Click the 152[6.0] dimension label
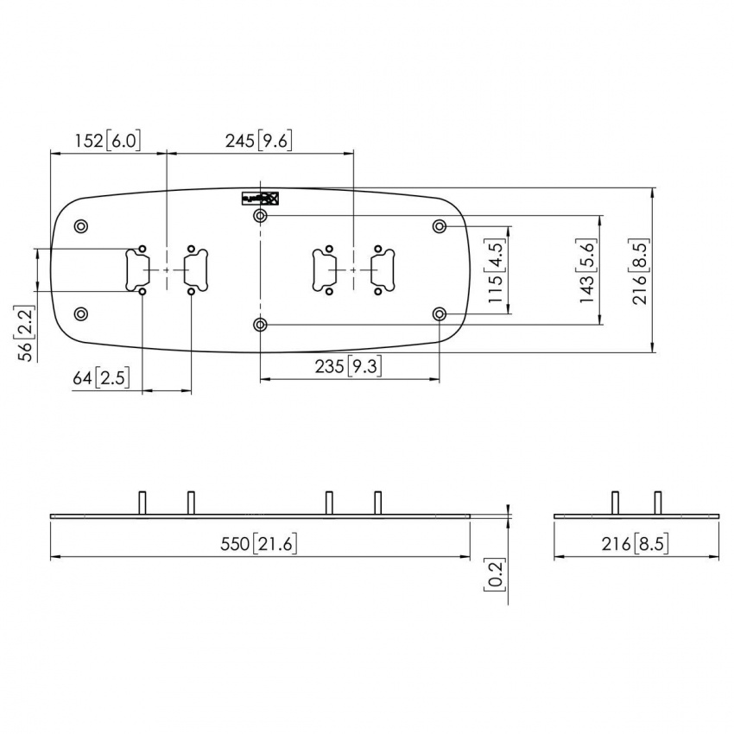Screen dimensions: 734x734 107,141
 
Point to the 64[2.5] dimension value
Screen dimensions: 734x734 99,377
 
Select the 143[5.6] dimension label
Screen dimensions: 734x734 587,272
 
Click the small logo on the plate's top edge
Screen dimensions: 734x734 260,198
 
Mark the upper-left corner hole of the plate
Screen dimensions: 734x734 81,226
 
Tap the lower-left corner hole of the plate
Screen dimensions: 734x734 81,313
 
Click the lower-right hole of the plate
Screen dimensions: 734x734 440,313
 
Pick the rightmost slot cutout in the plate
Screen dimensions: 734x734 381,269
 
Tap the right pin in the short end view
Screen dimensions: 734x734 658,503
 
